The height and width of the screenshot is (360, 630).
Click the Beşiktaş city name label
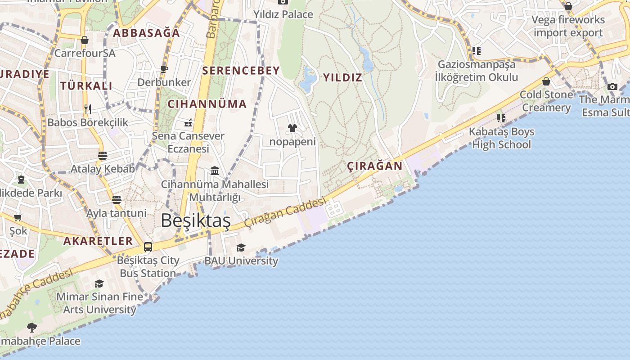click(195, 220)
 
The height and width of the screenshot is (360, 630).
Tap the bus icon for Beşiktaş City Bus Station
click(148, 247)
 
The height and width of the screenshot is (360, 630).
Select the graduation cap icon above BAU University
click(241, 247)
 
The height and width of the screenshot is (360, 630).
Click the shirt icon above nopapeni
click(292, 128)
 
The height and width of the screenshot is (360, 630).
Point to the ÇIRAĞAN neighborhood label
click(375, 166)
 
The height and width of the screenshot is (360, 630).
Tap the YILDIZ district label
click(342, 77)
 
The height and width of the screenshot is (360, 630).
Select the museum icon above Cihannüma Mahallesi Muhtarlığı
click(215, 171)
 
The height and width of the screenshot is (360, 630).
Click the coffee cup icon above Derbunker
click(164, 69)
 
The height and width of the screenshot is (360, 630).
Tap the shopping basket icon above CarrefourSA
click(85, 40)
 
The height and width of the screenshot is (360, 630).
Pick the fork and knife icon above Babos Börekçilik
click(88, 109)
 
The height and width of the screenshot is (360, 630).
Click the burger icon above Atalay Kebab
click(103, 156)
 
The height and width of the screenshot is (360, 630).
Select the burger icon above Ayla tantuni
click(117, 199)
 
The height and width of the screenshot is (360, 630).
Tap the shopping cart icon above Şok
click(18, 218)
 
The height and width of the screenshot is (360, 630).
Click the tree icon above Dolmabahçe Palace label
click(31, 327)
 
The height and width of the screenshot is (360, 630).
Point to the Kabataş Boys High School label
click(501, 138)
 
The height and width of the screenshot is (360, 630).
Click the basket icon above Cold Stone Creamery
click(546, 81)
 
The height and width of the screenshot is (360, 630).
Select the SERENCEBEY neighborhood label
click(241, 70)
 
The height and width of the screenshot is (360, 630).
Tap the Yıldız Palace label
click(283, 14)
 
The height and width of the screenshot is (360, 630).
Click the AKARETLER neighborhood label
click(98, 241)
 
